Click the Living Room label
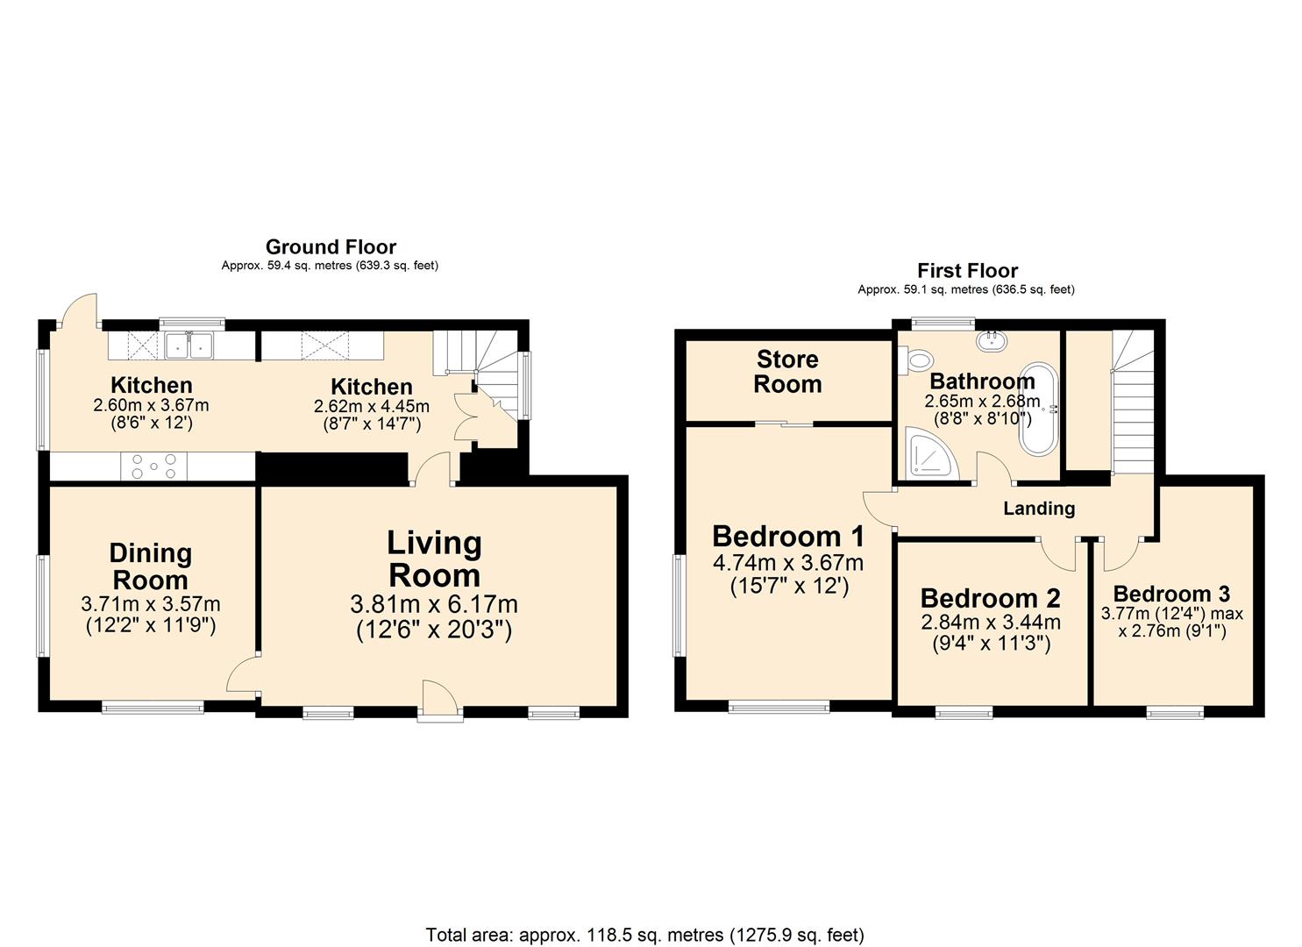click(x=434, y=559)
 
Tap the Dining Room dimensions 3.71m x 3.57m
click(x=150, y=604)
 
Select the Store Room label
click(x=787, y=372)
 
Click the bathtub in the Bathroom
click(x=1039, y=408)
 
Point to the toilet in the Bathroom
click(x=918, y=358)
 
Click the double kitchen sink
click(x=189, y=345)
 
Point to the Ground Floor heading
click(x=331, y=246)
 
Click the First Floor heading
click(x=967, y=270)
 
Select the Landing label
click(x=1038, y=509)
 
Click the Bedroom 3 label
click(x=1170, y=594)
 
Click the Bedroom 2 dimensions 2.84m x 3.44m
click(x=990, y=623)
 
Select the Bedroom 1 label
click(x=787, y=536)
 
